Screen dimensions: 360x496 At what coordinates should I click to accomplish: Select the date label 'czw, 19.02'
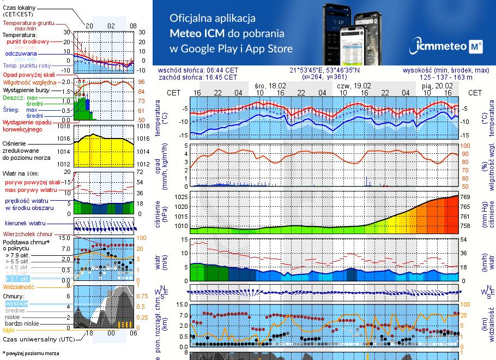354,86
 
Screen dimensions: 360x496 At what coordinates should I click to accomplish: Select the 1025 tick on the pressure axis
181,196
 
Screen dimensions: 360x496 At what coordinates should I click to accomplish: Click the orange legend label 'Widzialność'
19,286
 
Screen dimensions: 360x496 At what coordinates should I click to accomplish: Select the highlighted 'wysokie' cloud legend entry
16,303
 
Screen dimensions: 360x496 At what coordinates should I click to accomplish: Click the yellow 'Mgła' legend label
8,330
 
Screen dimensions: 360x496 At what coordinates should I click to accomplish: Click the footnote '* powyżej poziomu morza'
31,353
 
